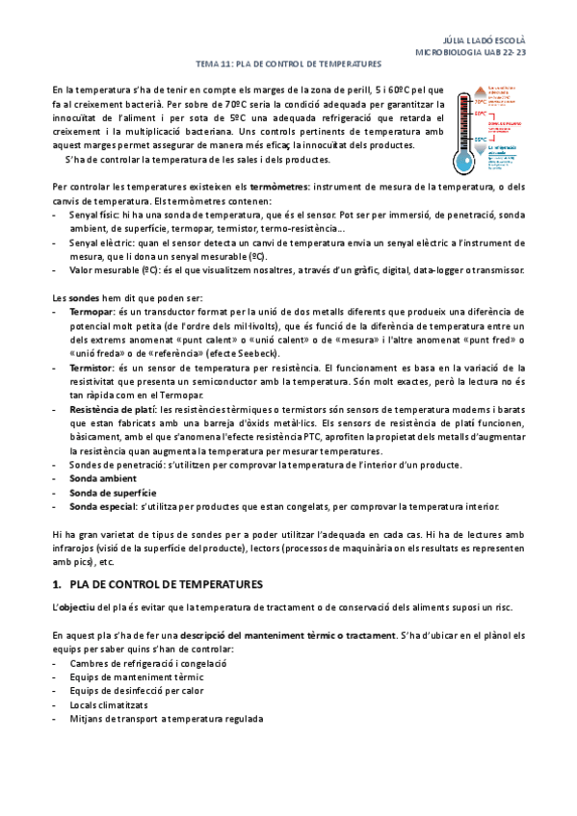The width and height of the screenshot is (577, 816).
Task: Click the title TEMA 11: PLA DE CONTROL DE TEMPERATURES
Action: coord(288,64)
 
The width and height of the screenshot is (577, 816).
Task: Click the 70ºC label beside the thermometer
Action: coord(480,99)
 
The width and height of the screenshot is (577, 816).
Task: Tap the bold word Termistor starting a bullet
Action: coord(92,368)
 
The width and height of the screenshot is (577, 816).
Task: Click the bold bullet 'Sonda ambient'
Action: coord(103,478)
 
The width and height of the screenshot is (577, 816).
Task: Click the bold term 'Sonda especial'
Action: coord(102,506)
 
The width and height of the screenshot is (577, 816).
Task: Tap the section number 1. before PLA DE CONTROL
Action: coord(57,584)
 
